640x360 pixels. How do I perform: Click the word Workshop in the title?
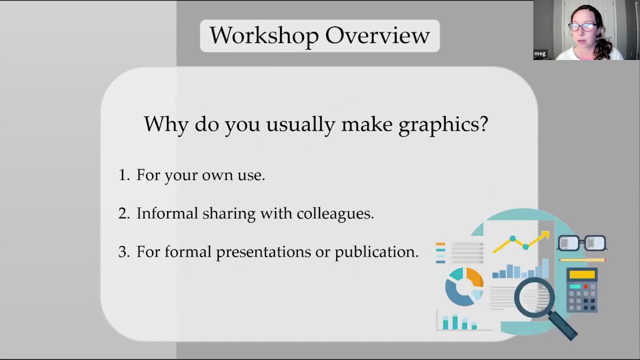264,36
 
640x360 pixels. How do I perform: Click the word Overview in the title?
377,36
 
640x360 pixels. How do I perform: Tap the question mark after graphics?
483,124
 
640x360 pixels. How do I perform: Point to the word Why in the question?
166,124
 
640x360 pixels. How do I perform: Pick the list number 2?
123,213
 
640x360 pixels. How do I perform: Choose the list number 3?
123,252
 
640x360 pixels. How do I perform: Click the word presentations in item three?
263,252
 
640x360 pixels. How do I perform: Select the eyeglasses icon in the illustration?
582,243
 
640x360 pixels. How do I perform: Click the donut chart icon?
464,286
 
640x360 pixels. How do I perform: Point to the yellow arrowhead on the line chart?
544,234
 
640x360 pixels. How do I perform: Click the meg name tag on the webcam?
540,53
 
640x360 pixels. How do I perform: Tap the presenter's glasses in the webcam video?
581,27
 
